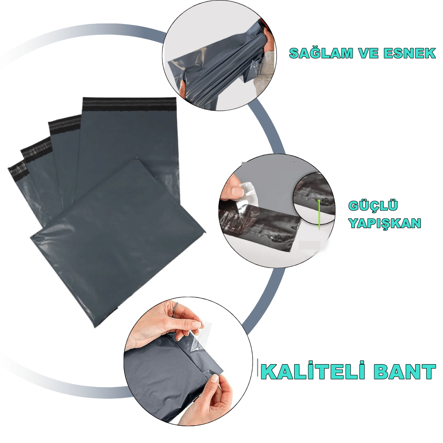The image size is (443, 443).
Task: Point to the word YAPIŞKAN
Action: pos(385,223)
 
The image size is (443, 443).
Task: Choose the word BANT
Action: pos(404,372)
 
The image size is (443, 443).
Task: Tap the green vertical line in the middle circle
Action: pos(319,214)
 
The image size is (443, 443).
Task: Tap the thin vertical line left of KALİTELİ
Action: pos(258,368)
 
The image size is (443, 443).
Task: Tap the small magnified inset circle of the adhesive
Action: pos(314,198)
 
